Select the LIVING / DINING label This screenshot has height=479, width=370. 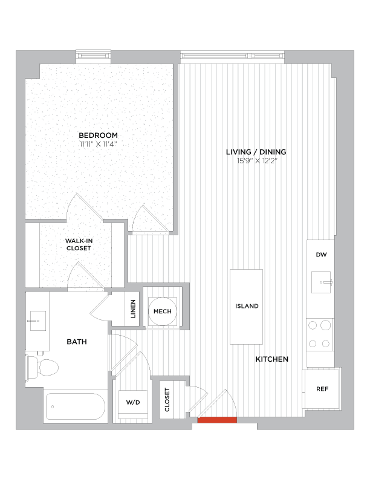click(256, 152)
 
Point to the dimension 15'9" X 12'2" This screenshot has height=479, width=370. click(256, 161)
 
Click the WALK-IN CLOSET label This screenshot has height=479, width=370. click(79, 244)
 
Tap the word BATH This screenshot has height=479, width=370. click(77, 342)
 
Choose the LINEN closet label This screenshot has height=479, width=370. click(133, 311)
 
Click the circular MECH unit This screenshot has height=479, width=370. click(163, 311)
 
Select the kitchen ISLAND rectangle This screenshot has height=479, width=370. click(246, 306)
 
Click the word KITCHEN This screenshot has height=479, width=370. click(271, 359)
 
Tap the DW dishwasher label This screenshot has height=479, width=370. click(321, 255)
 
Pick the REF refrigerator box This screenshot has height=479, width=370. click(322, 388)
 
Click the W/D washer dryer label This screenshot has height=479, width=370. click(132, 402)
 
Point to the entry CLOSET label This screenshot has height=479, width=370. click(167, 399)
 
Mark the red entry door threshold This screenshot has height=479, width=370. click(216, 420)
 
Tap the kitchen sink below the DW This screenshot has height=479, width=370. click(320, 281)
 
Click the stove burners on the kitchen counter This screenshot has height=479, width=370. click(320, 334)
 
